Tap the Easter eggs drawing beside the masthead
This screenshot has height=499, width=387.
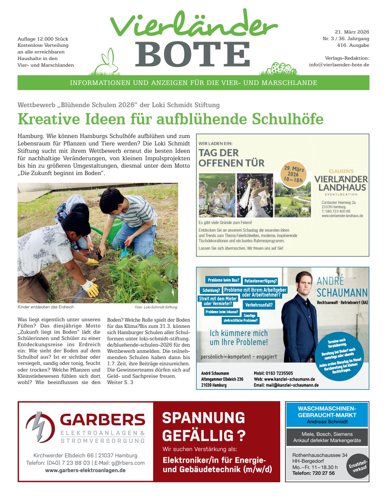point(281,69)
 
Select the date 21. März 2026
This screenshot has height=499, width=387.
point(352,32)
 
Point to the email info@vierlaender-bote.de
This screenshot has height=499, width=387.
point(339,65)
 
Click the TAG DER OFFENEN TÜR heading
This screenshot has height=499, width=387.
point(231,158)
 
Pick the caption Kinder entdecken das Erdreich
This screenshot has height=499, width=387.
point(46,307)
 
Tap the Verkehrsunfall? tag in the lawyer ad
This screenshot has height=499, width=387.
point(259,305)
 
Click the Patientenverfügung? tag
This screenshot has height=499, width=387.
point(260,281)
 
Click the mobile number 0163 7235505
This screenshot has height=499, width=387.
point(279,373)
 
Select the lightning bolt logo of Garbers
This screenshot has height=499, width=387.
point(41,426)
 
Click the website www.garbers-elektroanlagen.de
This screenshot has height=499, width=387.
point(85,471)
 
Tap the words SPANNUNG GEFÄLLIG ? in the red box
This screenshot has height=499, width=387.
point(204,426)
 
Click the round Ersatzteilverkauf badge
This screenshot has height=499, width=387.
point(358,466)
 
